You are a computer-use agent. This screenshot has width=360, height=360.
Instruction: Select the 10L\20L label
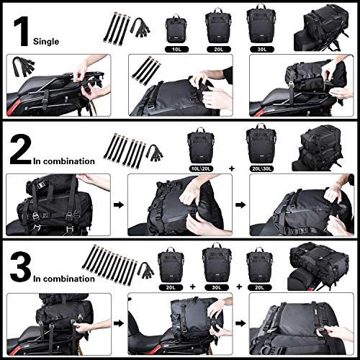click(202, 166)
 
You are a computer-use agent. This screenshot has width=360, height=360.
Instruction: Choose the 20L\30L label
click(261, 166)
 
